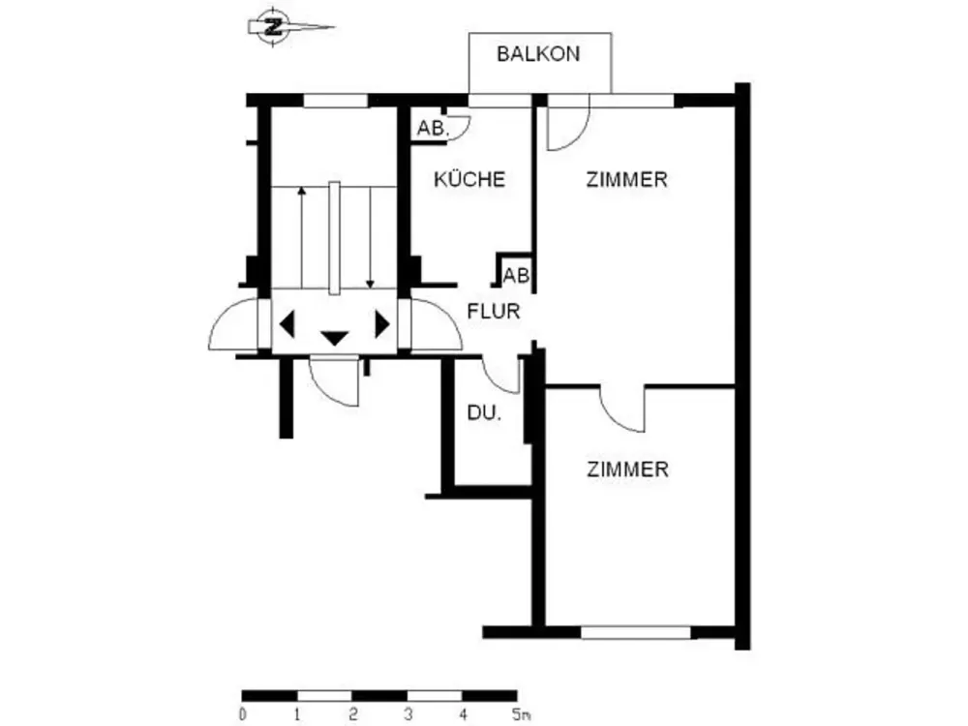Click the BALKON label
(x=538, y=54)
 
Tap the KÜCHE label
(x=469, y=179)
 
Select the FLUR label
(x=494, y=311)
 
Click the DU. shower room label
(x=484, y=413)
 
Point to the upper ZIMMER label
(x=626, y=180)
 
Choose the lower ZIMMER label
(x=627, y=469)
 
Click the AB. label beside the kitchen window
(x=433, y=129)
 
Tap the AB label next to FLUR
(x=516, y=275)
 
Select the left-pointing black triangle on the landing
(x=287, y=324)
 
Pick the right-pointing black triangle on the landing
(x=382, y=324)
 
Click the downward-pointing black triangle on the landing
(x=335, y=338)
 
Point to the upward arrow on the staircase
(x=301, y=237)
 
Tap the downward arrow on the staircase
(x=370, y=238)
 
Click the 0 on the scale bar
(x=243, y=714)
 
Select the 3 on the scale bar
(x=408, y=714)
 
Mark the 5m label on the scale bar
(x=522, y=714)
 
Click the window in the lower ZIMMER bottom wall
(x=636, y=632)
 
